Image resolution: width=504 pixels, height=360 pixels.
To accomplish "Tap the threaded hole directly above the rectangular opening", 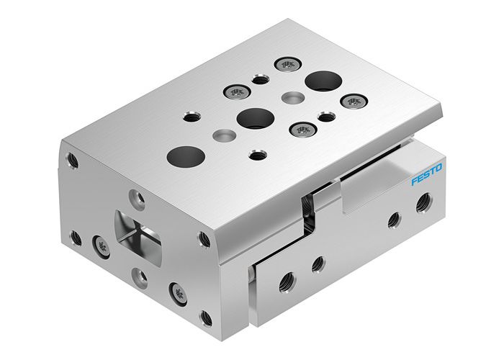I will click(135, 194).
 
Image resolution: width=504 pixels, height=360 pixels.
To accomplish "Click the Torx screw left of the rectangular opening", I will click(99, 247).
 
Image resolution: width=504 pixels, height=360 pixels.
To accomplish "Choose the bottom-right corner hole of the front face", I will click(205, 315).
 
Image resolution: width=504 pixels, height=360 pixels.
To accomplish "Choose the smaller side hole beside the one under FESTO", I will click(393, 220).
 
